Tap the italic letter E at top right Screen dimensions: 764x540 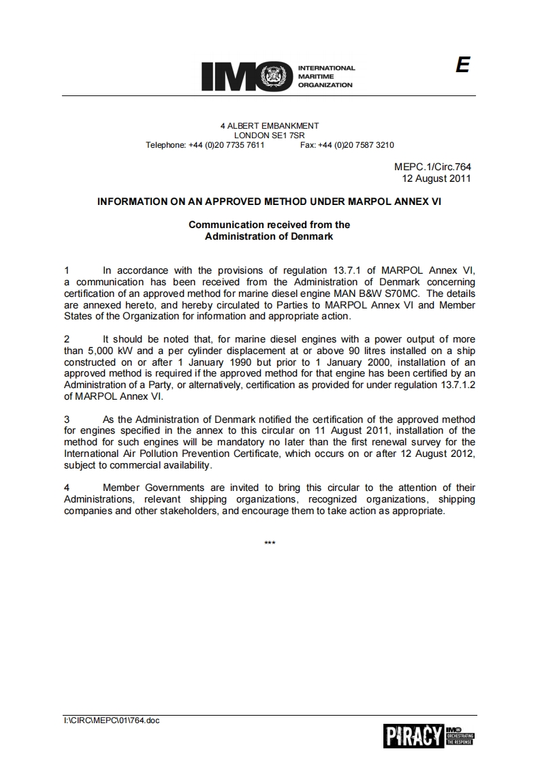click(462, 65)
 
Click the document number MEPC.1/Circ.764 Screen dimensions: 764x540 click(432, 167)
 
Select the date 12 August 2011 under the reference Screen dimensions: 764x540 click(436, 178)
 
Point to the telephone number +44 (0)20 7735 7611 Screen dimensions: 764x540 click(226, 145)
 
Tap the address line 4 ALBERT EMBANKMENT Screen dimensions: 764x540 click(270, 126)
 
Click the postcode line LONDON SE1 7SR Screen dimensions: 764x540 click(270, 136)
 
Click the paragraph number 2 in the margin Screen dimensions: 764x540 click(67, 339)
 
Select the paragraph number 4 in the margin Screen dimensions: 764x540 click(67, 488)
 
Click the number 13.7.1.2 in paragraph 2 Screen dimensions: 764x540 click(452, 385)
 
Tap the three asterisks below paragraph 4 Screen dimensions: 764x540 click(270, 543)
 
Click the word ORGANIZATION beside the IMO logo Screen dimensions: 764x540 click(325, 85)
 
